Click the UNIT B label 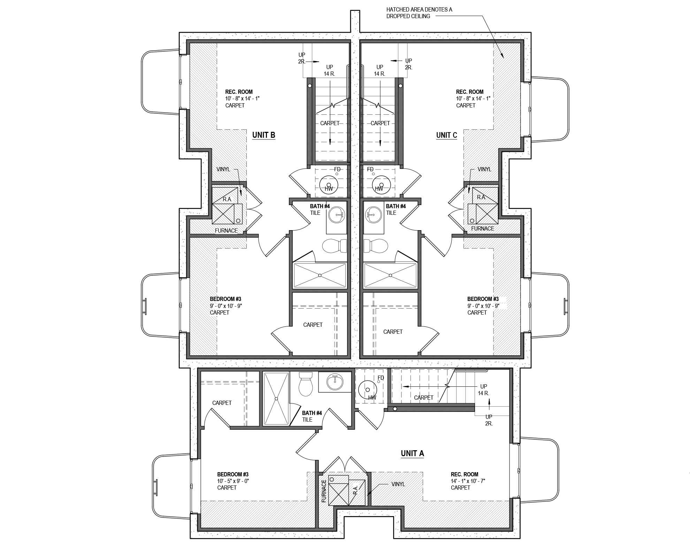pos(263,135)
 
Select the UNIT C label pos(446,135)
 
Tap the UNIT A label pos(412,453)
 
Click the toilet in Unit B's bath pos(334,246)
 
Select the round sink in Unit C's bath pos(373,214)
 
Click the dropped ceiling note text pos(419,13)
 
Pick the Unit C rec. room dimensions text pos(473,99)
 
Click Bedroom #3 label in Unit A pos(233,474)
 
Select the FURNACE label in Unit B pos(226,231)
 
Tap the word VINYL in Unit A pos(398,484)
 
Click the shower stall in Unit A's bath pos(276,399)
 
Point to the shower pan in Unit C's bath pos(390,275)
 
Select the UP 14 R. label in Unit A pos(483,390)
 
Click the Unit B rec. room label pos(239,92)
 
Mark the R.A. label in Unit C pos(481,197)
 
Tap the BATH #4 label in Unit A pos(312,413)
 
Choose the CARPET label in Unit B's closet pos(313,325)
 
